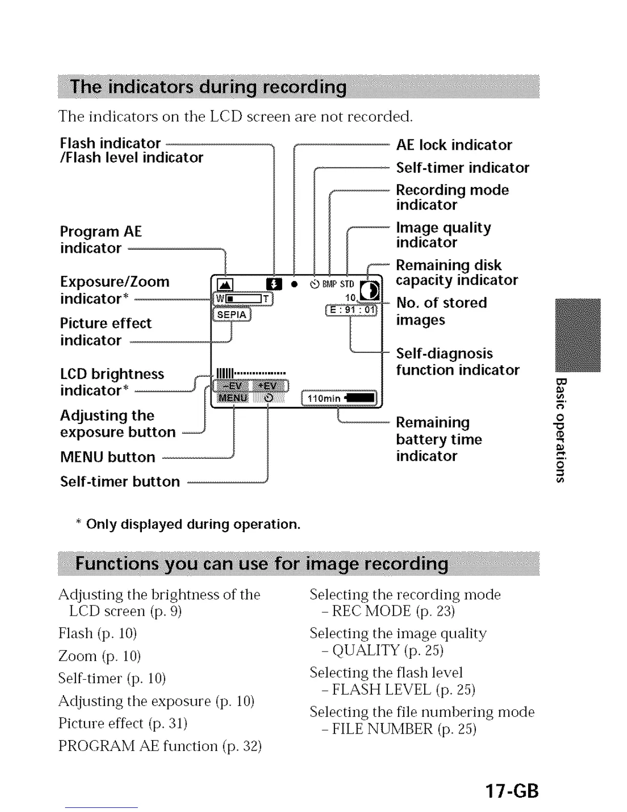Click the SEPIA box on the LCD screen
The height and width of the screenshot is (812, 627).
(x=232, y=314)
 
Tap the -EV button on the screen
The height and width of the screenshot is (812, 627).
(x=233, y=386)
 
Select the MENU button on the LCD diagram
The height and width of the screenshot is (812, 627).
(x=233, y=398)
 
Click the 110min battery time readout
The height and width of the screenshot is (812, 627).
(x=340, y=398)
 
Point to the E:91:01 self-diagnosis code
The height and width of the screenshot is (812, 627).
(x=351, y=310)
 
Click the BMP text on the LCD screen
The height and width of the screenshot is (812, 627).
(x=329, y=284)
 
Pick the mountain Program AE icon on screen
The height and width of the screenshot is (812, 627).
(x=225, y=285)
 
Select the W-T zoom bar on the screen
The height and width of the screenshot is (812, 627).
(x=243, y=299)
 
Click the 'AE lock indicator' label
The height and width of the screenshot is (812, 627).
(x=454, y=145)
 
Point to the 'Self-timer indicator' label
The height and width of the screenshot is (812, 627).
(x=463, y=168)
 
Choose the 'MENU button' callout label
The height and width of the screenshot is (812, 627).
(x=108, y=457)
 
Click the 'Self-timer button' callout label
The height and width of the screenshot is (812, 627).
(x=120, y=481)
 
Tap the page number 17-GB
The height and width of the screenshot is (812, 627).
(x=512, y=790)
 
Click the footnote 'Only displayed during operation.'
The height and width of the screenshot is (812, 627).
(x=193, y=524)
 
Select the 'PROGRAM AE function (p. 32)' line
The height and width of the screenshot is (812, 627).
(x=160, y=746)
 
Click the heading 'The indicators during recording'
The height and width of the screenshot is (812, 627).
(x=208, y=87)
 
